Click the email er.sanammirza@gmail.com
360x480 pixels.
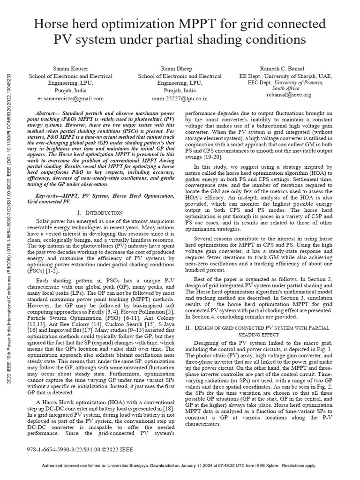pos(65,99)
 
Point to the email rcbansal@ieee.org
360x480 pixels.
pos(288,95)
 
